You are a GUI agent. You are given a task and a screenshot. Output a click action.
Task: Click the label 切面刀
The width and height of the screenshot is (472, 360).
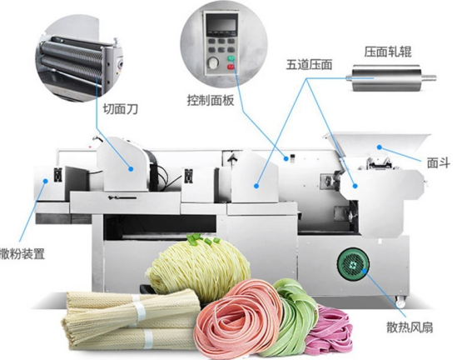coord(121,109)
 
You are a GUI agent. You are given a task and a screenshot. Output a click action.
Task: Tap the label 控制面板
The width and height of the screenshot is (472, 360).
coord(211,100)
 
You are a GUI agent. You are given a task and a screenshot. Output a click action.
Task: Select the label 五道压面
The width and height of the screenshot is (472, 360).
coord(309,65)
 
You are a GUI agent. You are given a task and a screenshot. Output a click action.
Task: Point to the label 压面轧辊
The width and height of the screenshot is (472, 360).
coord(388,52)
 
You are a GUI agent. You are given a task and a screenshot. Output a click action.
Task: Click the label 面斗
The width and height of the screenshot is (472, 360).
coord(439,163)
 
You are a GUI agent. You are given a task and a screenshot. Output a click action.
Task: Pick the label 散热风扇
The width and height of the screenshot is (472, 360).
coord(410,327)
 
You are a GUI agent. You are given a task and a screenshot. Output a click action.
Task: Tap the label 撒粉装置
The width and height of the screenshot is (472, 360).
coord(22,253)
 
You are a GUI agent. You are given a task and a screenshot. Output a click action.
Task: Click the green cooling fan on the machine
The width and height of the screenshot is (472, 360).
coord(353,264)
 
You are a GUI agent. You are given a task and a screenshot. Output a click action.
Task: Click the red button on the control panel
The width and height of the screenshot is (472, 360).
coord(231,67)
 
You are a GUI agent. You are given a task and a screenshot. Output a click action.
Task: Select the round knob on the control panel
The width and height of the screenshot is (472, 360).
coord(213,62)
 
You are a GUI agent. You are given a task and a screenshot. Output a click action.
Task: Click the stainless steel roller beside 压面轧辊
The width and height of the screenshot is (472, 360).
coord(390,78)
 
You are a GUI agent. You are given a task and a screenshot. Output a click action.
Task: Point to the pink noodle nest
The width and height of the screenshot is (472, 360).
coord(238,320)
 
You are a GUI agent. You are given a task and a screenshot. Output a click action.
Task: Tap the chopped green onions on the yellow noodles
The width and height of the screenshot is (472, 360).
coord(202,239)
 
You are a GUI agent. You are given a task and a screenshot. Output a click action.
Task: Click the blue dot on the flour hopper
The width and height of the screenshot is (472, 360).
coord(380,147)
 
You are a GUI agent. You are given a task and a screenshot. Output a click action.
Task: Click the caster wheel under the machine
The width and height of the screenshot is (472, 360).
coord(400,301)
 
